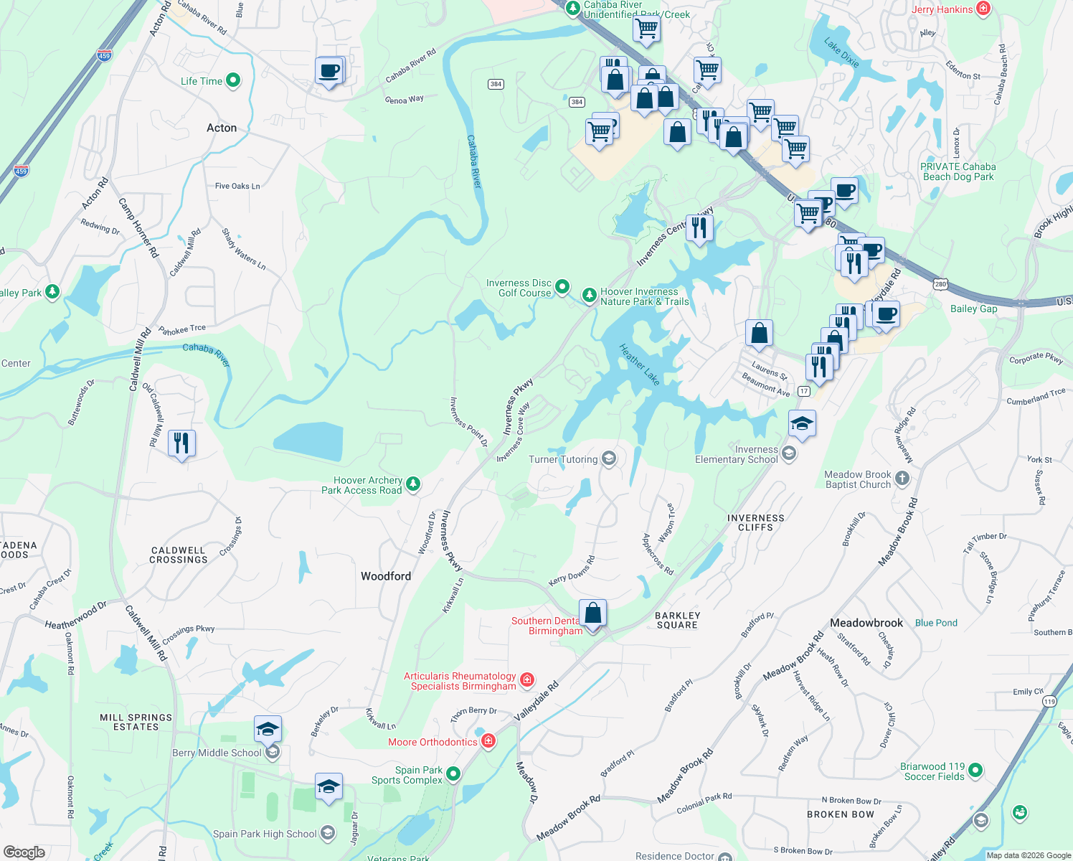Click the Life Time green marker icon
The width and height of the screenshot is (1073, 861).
pyautogui.click(x=233, y=80)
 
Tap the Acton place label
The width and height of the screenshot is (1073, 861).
pyautogui.click(x=222, y=128)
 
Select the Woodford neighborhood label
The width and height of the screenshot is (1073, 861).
pyautogui.click(x=386, y=576)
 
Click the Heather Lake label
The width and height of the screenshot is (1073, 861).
pyautogui.click(x=639, y=364)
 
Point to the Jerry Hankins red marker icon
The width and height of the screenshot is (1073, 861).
pyautogui.click(x=983, y=9)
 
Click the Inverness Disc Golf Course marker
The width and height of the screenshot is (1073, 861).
pyautogui.click(x=562, y=287)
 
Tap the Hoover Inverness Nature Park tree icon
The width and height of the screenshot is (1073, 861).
pyautogui.click(x=589, y=295)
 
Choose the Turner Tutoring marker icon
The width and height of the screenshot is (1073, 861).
pyautogui.click(x=609, y=459)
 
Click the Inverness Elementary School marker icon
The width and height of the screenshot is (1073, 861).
pyautogui.click(x=789, y=453)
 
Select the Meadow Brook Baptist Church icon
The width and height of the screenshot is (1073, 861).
pyautogui.click(x=902, y=478)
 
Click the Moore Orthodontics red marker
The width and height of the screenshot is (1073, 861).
pyautogui.click(x=488, y=741)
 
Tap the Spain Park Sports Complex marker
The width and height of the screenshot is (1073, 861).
pyautogui.click(x=453, y=774)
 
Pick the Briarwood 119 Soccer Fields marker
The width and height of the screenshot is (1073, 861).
pyautogui.click(x=975, y=771)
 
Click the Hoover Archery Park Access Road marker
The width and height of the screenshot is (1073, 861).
pyautogui.click(x=413, y=484)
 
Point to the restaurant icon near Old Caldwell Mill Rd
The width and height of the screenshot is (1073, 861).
pyautogui.click(x=181, y=443)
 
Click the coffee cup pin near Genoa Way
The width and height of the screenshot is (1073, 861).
pyautogui.click(x=329, y=71)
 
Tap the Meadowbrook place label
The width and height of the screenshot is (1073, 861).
pyautogui.click(x=866, y=623)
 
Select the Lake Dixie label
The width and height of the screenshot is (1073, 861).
pyautogui.click(x=841, y=53)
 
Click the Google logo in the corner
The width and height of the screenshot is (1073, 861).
pyautogui.click(x=24, y=852)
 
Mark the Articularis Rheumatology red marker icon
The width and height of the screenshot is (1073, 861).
pyautogui.click(x=527, y=679)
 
